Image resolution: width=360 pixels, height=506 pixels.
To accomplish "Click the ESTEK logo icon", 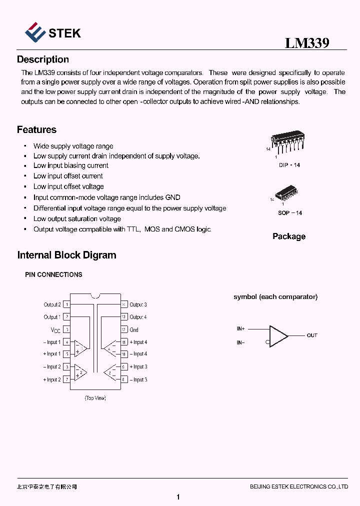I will tap(34, 32).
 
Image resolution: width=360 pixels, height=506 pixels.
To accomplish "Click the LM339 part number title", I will tap(307, 43).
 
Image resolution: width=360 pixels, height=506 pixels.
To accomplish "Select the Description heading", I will tap(43, 59).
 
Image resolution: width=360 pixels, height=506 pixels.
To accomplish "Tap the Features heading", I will tap(36, 130).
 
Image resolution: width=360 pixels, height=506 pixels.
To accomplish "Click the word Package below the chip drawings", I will tap(289, 236).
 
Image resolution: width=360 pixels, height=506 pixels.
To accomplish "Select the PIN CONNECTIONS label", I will tap(53, 275).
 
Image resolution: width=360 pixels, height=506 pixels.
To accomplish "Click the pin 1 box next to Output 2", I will tap(67, 304).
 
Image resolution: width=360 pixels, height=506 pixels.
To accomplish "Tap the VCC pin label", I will tap(55, 330).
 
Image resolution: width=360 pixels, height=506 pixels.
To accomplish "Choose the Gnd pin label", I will tap(134, 330).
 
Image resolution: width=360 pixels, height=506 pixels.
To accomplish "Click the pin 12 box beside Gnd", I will tap(123, 330).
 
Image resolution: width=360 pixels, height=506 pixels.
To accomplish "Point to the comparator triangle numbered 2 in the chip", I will tap(80, 372).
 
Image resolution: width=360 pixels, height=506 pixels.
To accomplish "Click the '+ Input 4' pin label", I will tap(138, 342).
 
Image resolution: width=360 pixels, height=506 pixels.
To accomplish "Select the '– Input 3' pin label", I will tap(138, 380).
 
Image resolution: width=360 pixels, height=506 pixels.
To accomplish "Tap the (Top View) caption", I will tap(95, 398).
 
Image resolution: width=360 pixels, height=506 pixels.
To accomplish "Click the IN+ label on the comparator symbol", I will tap(241, 329).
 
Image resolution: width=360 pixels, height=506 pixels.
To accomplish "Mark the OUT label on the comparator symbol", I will tap(312, 335).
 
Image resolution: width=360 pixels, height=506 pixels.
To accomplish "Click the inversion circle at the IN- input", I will tap(268, 342).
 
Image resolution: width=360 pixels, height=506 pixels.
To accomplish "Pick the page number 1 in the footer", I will tap(178, 497).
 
